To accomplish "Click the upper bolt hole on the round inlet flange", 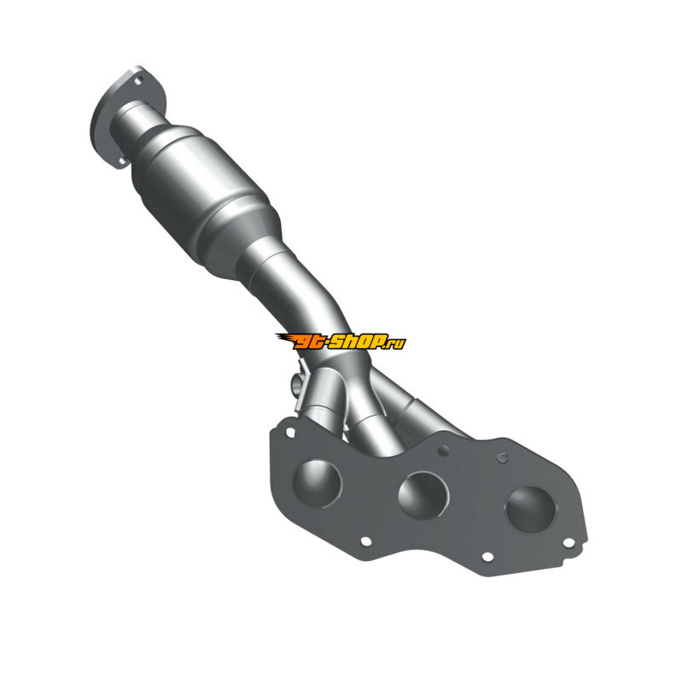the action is pos(138,80).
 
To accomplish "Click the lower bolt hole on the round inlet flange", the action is pos(122,161).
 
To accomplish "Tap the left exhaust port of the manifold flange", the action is pos(317,483).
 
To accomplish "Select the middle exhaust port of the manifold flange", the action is pos(423,496).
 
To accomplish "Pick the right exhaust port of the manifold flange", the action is pos(531,509).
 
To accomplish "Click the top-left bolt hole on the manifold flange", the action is pos(290,433).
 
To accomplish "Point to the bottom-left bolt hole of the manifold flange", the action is pos(366,541).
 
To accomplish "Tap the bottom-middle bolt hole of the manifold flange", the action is pos(487,557).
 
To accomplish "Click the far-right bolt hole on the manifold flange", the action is pos(569,543).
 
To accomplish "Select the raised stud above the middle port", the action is pos(443,451).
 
